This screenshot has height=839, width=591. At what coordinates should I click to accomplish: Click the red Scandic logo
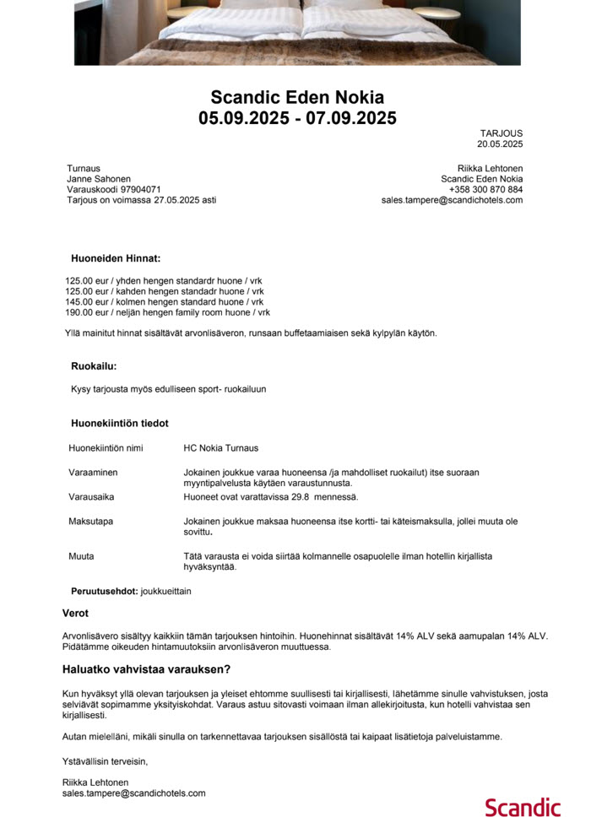coord(523,807)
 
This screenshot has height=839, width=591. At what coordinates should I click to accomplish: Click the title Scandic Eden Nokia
coord(297,97)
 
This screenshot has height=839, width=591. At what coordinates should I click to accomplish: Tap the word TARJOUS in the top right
coord(502,133)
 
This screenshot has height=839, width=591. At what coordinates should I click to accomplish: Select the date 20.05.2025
coord(500,144)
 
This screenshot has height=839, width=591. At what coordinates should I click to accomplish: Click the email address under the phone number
coord(452,201)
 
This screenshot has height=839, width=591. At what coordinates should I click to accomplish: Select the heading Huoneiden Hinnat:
coord(116,258)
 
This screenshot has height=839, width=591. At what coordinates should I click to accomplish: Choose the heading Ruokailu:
coord(94,366)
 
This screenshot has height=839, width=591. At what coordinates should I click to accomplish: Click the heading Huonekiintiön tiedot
coord(119,423)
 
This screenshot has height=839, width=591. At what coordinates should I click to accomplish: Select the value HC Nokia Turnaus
coord(221,448)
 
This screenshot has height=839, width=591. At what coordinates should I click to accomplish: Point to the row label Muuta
coord(81,556)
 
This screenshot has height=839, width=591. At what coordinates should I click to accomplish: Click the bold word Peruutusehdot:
coord(104,591)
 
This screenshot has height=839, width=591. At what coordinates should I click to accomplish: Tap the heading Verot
coord(75,614)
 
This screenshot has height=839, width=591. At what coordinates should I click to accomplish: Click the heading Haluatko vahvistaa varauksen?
coord(146,669)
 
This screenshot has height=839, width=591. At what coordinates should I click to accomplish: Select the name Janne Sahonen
coord(99,179)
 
